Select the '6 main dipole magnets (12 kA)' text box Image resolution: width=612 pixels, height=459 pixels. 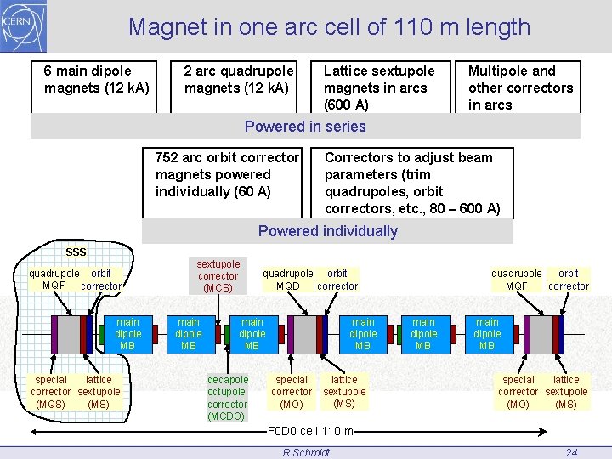click(96, 79)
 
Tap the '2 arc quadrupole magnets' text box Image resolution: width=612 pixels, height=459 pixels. click(238, 79)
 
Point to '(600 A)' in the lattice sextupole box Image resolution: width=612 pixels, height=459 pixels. click(346, 105)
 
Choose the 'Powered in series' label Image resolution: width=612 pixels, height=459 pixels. click(305, 127)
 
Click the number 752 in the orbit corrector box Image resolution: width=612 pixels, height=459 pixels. click(168, 157)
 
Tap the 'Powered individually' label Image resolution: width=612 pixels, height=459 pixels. click(327, 231)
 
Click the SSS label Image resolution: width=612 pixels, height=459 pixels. click(76, 252)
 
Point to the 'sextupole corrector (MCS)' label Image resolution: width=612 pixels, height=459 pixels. click(218, 276)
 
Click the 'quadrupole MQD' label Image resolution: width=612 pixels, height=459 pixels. click(287, 280)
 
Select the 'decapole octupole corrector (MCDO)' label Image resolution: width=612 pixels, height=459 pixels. click(228, 398)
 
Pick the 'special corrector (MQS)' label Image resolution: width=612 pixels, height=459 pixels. click(51, 392)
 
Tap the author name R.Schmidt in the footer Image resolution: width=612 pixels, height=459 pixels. click(306, 452)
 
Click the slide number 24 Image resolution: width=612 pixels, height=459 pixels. click(571, 452)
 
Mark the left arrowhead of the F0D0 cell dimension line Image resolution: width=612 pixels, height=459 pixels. click(56, 430)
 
